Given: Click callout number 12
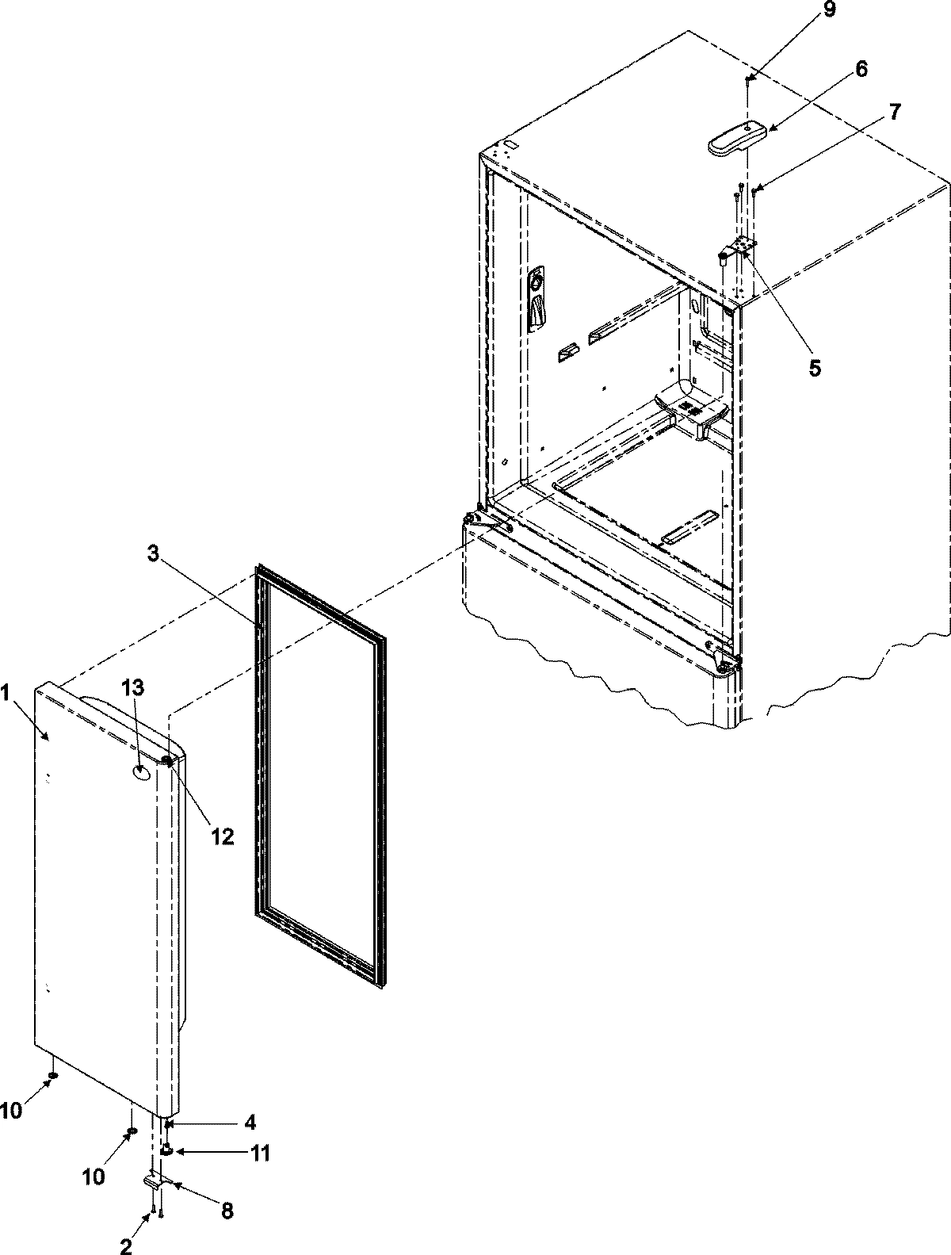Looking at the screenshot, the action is click(x=223, y=836).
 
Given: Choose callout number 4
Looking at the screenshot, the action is click(x=250, y=1123).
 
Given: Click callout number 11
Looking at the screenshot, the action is click(x=261, y=1153).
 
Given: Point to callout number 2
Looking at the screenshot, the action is click(x=126, y=1247).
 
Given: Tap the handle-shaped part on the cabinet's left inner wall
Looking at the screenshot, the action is click(x=537, y=300).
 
